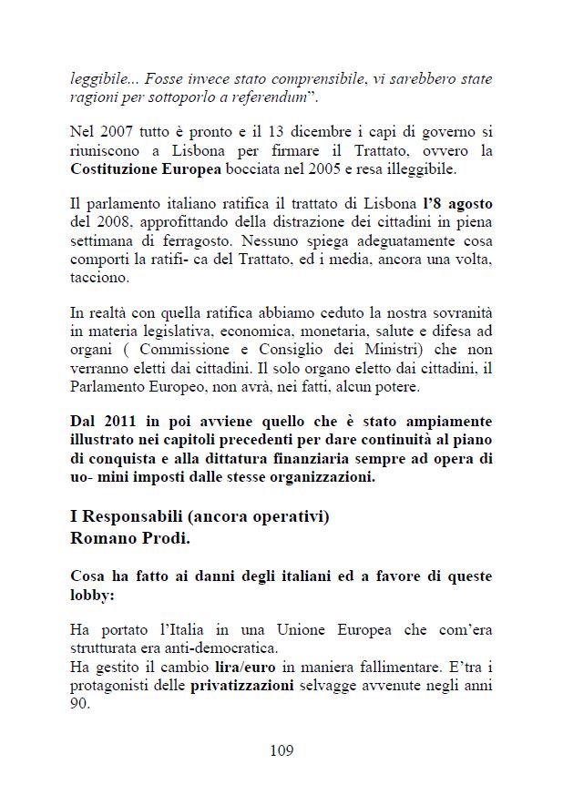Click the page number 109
point(281,750)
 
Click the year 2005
point(338,170)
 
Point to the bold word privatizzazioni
point(241,686)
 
